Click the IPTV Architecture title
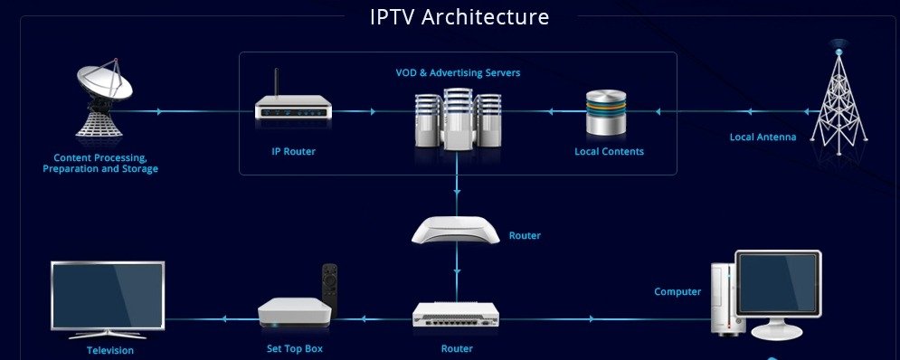pos(459,17)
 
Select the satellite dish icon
pos(102,101)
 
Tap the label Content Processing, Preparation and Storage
pos(100,164)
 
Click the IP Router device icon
pos(291,110)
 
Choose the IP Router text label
pos(294,152)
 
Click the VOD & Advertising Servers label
pos(458,72)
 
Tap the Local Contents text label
pos(609,152)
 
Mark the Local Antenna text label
pos(763,137)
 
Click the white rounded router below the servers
pos(456,231)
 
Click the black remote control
pos(330,286)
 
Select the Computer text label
pos(677,291)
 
